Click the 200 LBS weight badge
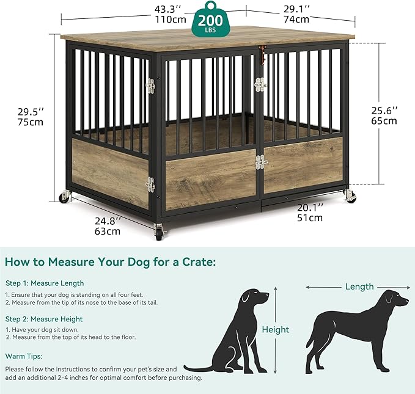click(x=210, y=23)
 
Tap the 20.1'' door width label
click(x=312, y=207)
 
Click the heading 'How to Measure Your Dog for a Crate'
click(x=110, y=262)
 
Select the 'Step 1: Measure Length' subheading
click(x=45, y=283)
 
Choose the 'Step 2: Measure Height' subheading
click(x=44, y=319)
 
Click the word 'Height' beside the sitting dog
click(x=275, y=330)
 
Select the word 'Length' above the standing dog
click(x=359, y=286)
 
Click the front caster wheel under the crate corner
click(x=160, y=232)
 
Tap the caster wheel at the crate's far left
click(x=64, y=197)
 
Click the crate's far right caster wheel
click(x=350, y=197)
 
